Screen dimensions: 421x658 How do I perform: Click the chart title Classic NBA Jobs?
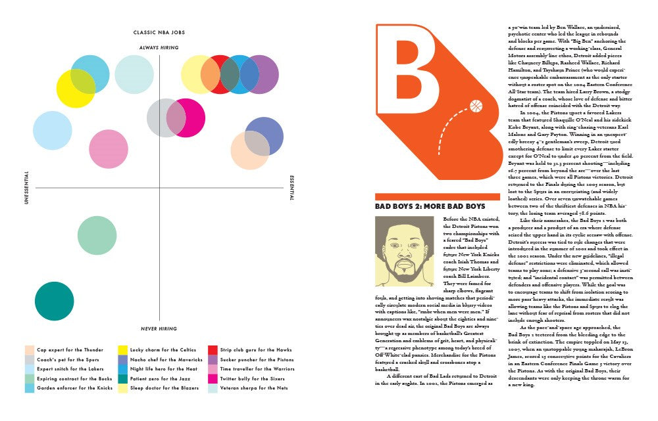tap(160, 32)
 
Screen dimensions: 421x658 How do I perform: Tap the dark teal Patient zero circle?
tap(54, 301)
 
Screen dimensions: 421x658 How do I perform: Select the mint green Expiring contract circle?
tap(97, 235)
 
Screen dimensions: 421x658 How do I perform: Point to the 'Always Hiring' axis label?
tap(160, 48)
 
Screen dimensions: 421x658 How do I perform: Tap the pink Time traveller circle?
tap(108, 149)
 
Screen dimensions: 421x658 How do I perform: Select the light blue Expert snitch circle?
tap(52, 131)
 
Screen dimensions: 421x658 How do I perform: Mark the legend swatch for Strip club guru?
tap(213, 350)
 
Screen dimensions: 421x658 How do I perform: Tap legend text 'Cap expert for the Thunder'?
tap(70, 350)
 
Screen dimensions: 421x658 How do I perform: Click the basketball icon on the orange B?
tap(476, 105)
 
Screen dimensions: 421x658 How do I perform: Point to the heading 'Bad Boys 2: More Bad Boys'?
tap(430, 206)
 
